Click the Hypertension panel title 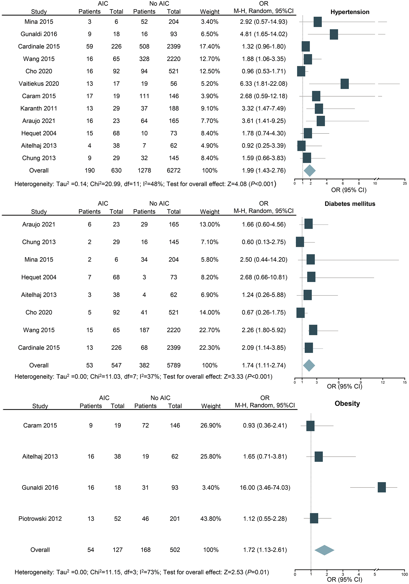tap(350, 12)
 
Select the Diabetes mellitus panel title tap(350, 204)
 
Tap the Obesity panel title tap(347, 404)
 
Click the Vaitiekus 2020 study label tap(39, 84)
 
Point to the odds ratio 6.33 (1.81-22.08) tap(263, 84)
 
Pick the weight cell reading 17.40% tap(210, 47)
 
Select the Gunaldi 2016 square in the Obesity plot tap(381, 487)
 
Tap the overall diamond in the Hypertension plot tap(309, 171)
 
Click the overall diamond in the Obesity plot tap(324, 550)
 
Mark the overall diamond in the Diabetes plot tap(309, 366)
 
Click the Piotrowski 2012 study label tap(40, 519)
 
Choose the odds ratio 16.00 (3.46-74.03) tap(265, 487)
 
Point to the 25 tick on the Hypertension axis tap(405, 183)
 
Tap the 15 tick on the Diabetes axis tap(405, 382)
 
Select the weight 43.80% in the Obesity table tap(211, 519)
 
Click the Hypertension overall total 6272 tap(173, 170)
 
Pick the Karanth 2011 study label tap(39, 109)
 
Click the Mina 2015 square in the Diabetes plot tap(311, 259)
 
